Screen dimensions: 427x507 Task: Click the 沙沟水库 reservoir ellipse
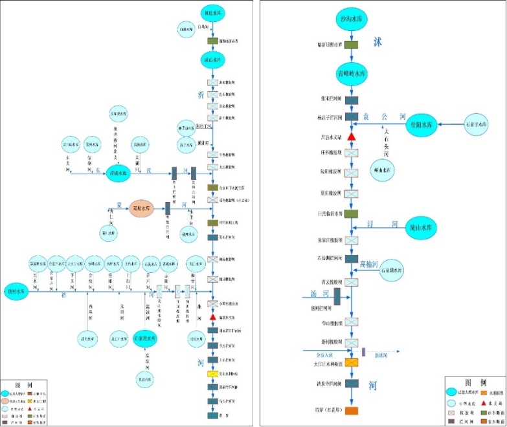352,20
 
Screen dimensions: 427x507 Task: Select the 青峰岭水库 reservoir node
352,73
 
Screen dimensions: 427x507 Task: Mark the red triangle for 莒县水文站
352,137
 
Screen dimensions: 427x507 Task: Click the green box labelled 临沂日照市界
352,45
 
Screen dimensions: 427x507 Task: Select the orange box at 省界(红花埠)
352,411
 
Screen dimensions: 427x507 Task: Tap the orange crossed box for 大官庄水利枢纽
352,362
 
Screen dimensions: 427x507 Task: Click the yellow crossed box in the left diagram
212,374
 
